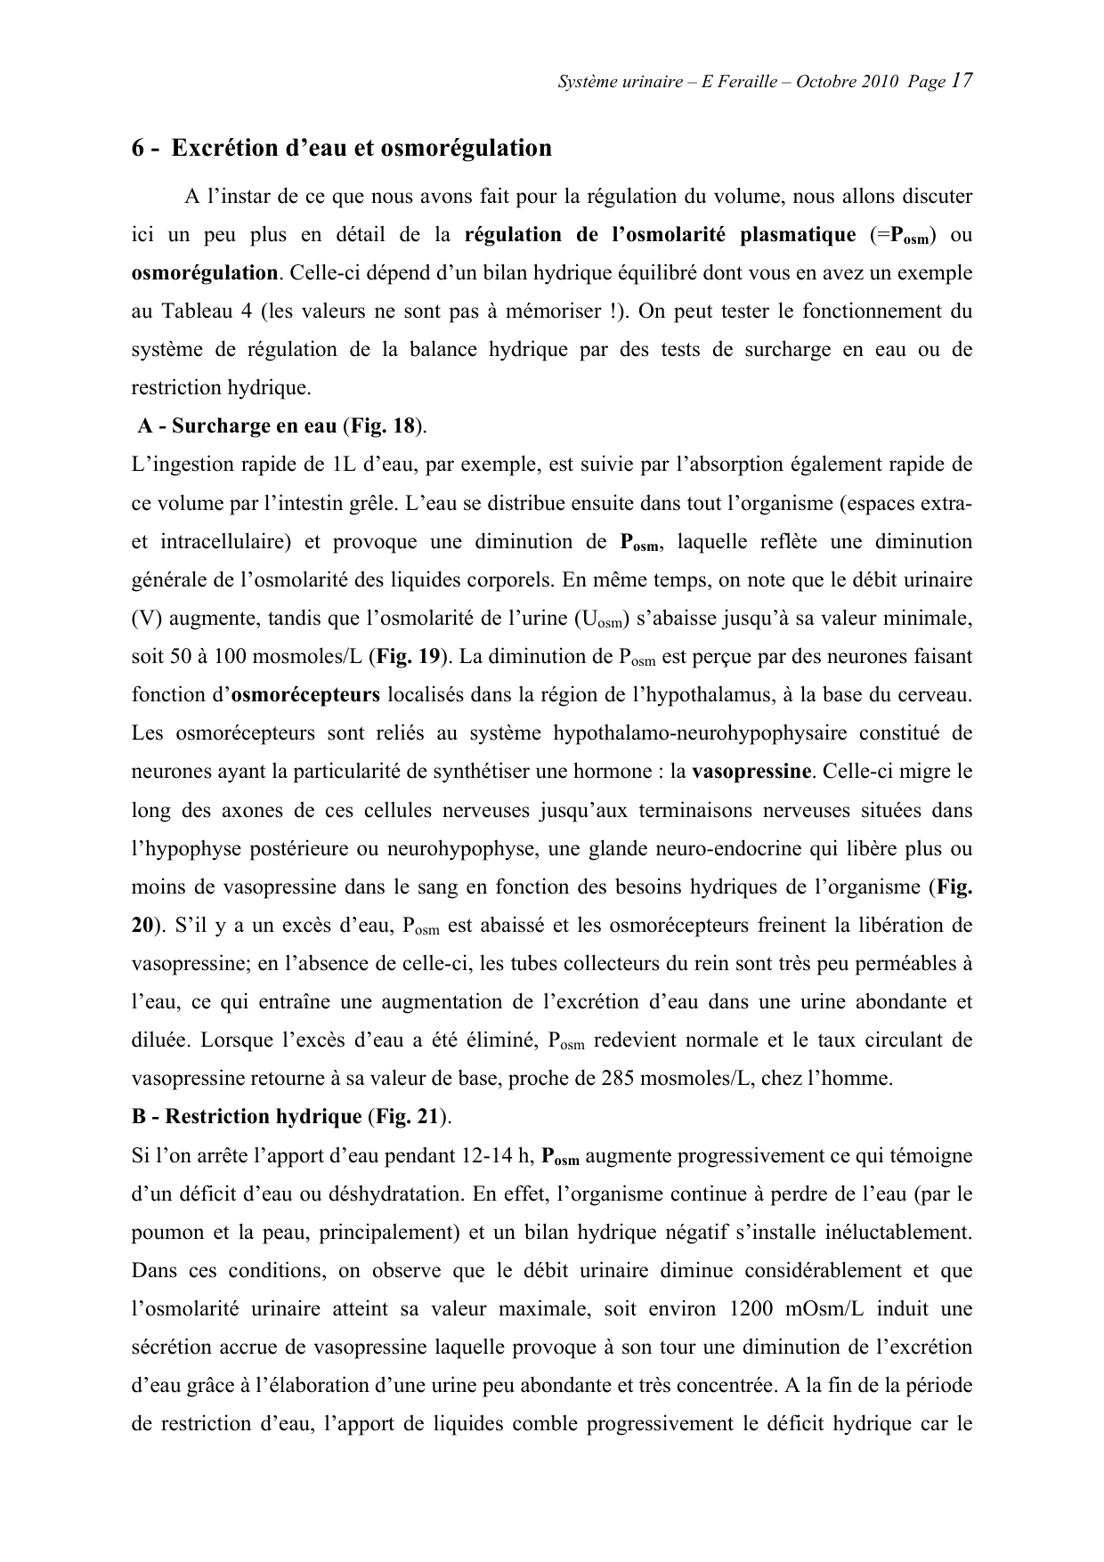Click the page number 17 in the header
pos(961,81)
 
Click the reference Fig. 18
pos(383,425)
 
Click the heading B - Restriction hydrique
pos(246,1116)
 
